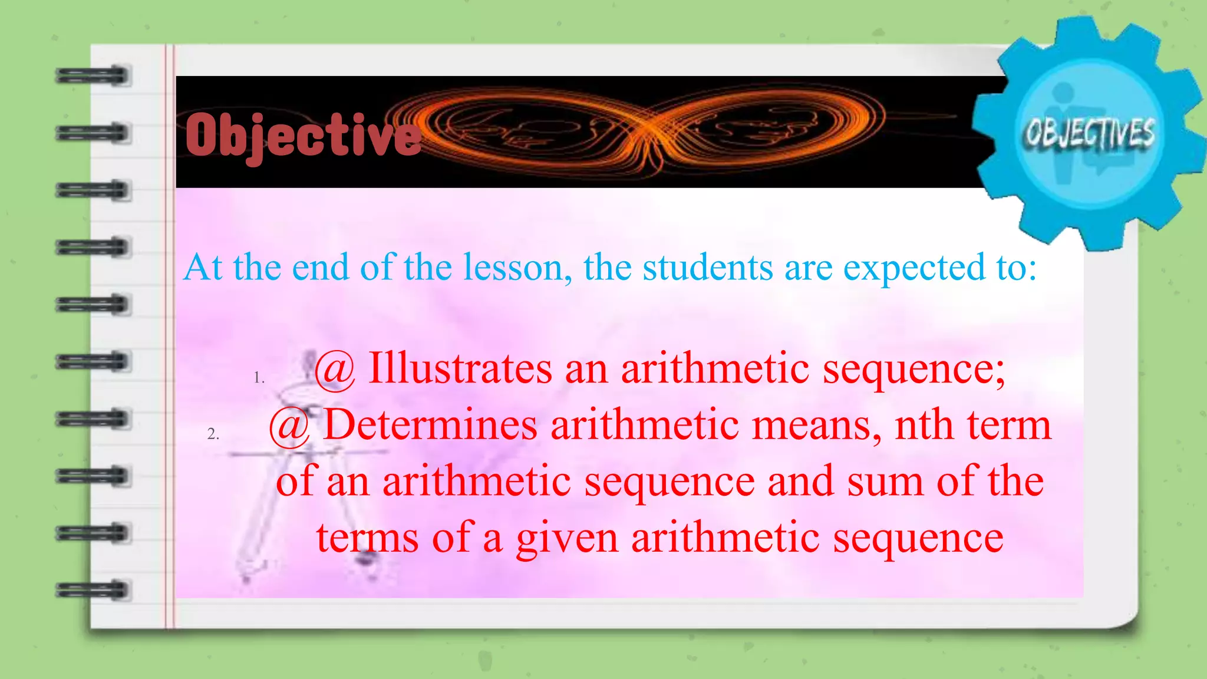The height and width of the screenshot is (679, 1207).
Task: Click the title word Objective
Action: [x=304, y=136]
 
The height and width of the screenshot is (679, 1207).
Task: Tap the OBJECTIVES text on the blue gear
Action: [x=1089, y=133]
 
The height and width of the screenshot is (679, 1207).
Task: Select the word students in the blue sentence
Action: [x=707, y=268]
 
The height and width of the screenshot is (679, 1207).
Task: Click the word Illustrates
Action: [x=460, y=368]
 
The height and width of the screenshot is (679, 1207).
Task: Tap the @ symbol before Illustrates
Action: [x=335, y=370]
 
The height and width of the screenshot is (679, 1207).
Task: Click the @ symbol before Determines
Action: [x=289, y=426]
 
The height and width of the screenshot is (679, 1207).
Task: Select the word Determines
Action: [x=430, y=425]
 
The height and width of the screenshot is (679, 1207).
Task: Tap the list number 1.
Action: [x=259, y=378]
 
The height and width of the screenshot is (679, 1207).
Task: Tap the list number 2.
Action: [x=213, y=434]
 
